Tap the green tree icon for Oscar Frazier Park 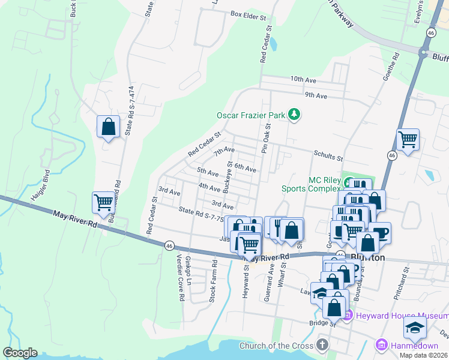click(x=294, y=114)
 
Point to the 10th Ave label click(x=303, y=79)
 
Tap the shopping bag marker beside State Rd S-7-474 click(x=108, y=127)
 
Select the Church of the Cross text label click(x=276, y=346)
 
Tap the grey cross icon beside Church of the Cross click(x=322, y=345)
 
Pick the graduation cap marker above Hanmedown click(x=414, y=328)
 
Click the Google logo click(x=20, y=353)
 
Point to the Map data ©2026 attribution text click(x=423, y=355)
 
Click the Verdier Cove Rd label click(x=180, y=282)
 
